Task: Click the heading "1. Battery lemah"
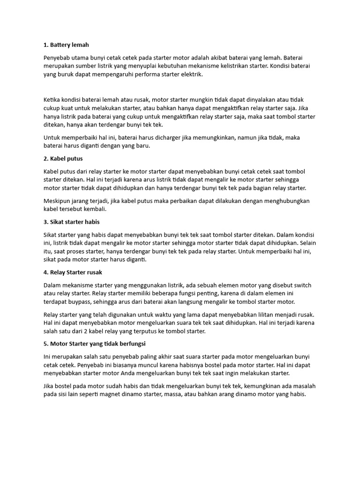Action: pyautogui.click(x=66, y=45)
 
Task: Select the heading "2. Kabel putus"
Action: pyautogui.click(x=63, y=159)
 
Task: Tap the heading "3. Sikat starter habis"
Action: pyautogui.click(x=71, y=222)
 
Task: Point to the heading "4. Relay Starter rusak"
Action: pyautogui.click(x=73, y=272)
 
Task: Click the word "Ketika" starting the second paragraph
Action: pyautogui.click(x=52, y=100)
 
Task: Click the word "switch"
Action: pyautogui.click(x=301, y=285)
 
